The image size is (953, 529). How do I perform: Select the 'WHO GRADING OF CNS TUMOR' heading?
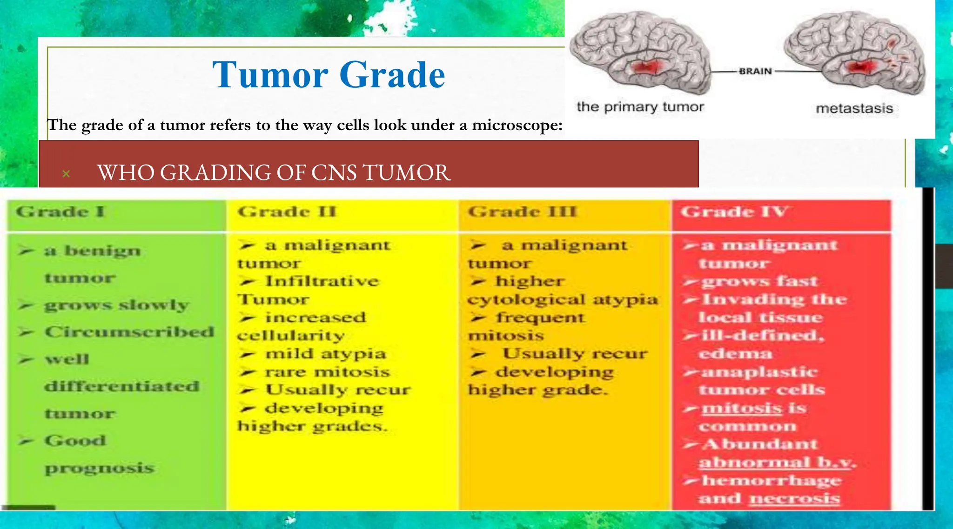[x=274, y=173]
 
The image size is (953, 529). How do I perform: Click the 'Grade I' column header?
[x=60, y=212]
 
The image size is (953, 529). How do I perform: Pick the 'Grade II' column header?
[x=287, y=212]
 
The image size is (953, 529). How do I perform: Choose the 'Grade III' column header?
[x=522, y=212]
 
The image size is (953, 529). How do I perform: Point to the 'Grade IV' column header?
[x=734, y=212]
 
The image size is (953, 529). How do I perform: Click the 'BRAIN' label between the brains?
[x=755, y=71]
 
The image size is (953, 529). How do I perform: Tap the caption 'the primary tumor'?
[x=640, y=107]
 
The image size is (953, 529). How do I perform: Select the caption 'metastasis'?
[x=854, y=109]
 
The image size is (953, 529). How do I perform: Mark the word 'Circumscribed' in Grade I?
[x=129, y=332]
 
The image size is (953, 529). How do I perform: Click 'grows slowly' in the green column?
[x=116, y=305]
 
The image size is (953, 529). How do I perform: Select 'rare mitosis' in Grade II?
[x=327, y=372]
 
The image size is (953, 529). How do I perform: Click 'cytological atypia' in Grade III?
[x=563, y=300]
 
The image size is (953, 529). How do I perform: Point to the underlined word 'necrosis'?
[x=795, y=498]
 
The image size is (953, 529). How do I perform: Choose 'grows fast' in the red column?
[x=759, y=281]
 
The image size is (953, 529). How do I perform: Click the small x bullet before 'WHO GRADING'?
[x=66, y=174]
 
